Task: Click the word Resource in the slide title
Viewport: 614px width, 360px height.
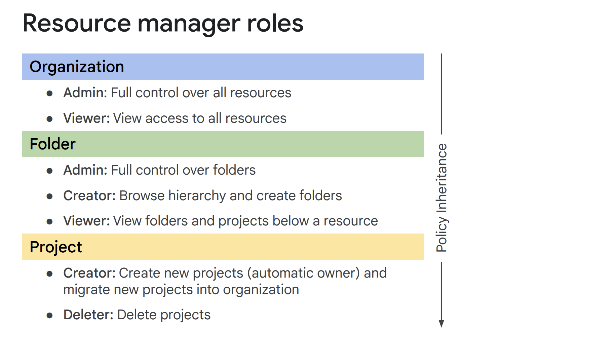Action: click(x=77, y=24)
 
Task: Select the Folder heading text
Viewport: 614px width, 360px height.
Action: click(x=53, y=144)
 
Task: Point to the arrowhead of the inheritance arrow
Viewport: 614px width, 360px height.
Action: click(x=442, y=324)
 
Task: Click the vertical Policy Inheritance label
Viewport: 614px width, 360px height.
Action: click(x=442, y=198)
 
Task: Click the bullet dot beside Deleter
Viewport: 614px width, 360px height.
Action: click(x=50, y=316)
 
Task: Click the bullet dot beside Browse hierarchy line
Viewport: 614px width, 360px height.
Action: click(x=50, y=196)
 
